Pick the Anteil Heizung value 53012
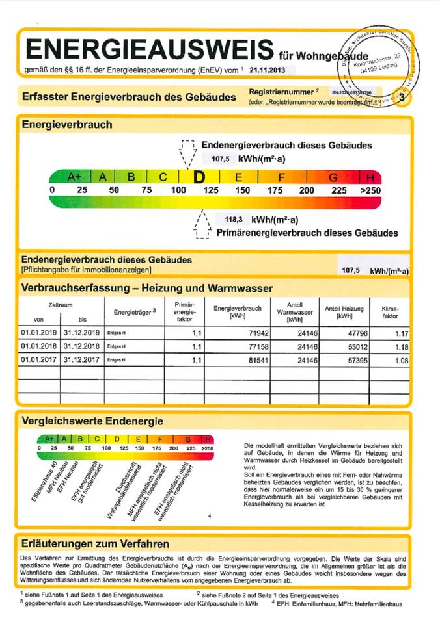coord(345,346)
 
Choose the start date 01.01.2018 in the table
coord(38,346)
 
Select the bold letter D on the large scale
coord(199,177)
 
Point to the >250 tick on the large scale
coord(368,190)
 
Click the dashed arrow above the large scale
coord(188,153)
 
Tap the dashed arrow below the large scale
coord(202,224)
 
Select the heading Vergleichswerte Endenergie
coord(92,422)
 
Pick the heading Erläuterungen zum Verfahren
coord(95,543)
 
